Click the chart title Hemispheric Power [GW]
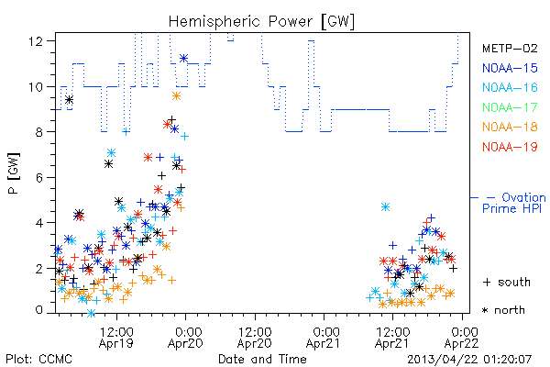261,21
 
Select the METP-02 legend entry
510,48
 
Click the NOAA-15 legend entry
510,68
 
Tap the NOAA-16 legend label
510,87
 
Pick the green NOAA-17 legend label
510,107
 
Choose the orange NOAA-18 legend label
510,127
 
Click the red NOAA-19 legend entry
510,147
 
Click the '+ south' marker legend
507,282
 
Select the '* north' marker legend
503,310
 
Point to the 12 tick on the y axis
36,41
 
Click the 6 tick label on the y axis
39,177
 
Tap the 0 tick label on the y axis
39,310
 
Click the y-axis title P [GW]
14,173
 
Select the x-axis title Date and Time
262,360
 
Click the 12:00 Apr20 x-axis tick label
255,338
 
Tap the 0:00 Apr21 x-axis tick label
324,338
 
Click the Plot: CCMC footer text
38,360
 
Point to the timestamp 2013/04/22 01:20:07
469,360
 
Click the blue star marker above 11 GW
184,59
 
